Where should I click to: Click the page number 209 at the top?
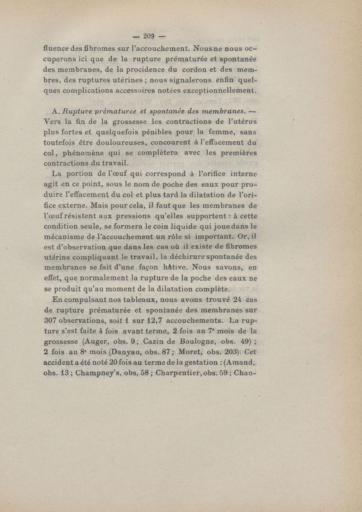coord(149,36)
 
